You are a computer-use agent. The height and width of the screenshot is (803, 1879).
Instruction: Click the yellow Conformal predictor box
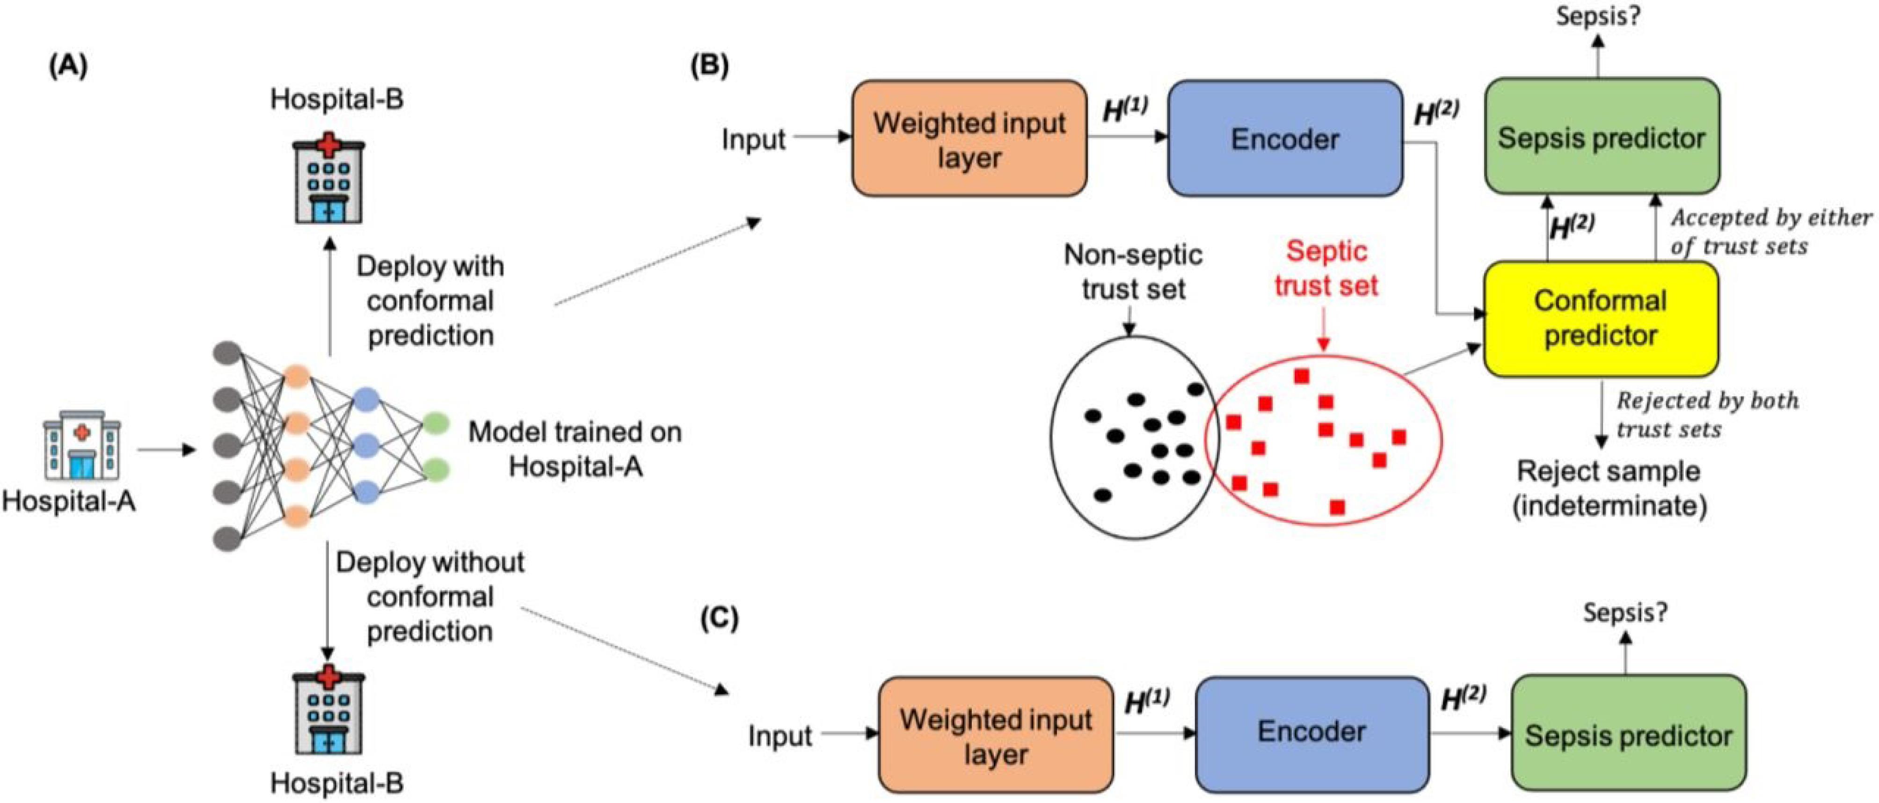click(x=1601, y=319)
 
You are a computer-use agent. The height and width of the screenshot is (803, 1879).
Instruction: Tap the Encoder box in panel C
click(x=1311, y=734)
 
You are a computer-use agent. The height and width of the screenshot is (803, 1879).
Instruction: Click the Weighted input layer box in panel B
click(x=969, y=139)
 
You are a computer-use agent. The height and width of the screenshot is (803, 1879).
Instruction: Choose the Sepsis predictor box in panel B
click(x=1602, y=136)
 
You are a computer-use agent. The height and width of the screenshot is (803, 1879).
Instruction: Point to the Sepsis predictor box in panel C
click(x=1629, y=732)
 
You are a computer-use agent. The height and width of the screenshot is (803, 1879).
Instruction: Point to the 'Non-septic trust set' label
click(x=1133, y=271)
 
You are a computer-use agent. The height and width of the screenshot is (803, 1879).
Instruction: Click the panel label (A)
click(x=68, y=66)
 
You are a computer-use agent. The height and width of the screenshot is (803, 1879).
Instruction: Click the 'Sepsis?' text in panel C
click(x=1625, y=612)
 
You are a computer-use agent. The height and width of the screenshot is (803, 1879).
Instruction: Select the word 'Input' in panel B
click(x=753, y=139)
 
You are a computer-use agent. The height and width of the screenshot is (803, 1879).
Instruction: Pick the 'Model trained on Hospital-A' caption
click(x=575, y=449)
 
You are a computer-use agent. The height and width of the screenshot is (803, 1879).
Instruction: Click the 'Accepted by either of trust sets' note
click(x=1771, y=232)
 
